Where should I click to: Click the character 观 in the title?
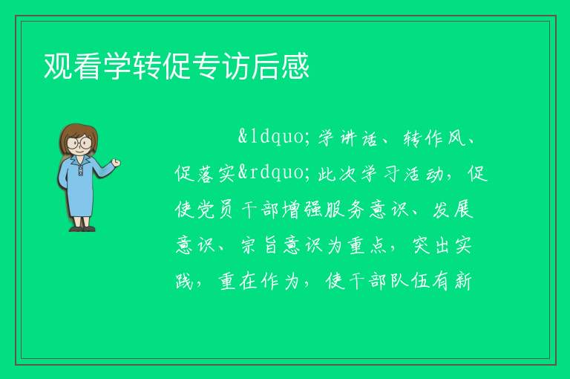pos(58,66)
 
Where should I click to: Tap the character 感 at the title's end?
pos(295,66)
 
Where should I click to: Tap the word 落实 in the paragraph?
pos(216,174)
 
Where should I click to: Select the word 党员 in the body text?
pos(216,210)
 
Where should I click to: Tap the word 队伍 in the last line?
pos(410,281)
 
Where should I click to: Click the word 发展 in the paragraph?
pos(453,210)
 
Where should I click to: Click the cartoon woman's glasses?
pos(79,142)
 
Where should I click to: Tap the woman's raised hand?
pos(116,163)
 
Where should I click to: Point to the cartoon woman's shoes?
pos(82,229)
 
